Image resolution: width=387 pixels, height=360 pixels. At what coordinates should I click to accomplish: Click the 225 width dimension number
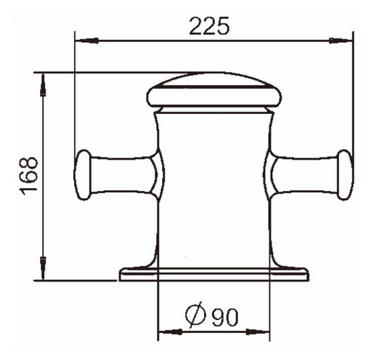coord(209,26)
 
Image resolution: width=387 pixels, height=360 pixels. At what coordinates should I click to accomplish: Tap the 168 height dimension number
coord(28,176)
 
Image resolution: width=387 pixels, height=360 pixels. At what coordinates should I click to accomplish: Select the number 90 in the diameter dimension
coord(225,317)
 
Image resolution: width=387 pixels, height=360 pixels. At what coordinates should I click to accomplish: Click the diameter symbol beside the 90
coord(195,314)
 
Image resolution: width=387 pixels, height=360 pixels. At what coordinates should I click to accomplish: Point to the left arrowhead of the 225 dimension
coord(87,41)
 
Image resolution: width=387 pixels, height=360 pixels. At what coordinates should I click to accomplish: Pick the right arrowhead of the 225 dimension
coord(341,41)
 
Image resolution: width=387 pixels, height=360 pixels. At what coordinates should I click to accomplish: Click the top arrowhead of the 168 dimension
coord(43,85)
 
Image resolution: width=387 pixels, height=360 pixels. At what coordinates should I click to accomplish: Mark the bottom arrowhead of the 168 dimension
coord(43,269)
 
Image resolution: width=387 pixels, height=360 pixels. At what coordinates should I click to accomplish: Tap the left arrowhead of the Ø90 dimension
coord(171,332)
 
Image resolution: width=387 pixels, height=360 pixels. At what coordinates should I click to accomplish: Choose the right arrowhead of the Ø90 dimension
coord(258,332)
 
